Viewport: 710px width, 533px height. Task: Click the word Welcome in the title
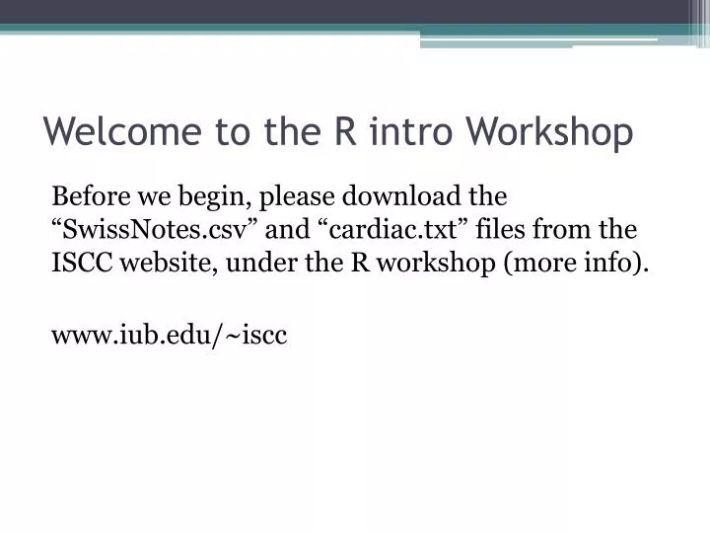tap(114, 131)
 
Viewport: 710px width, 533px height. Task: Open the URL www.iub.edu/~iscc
tap(169, 336)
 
